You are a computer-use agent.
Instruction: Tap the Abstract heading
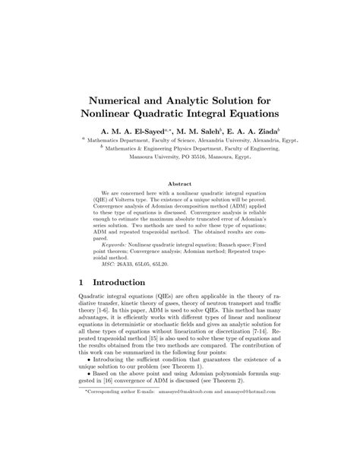click(179, 184)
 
